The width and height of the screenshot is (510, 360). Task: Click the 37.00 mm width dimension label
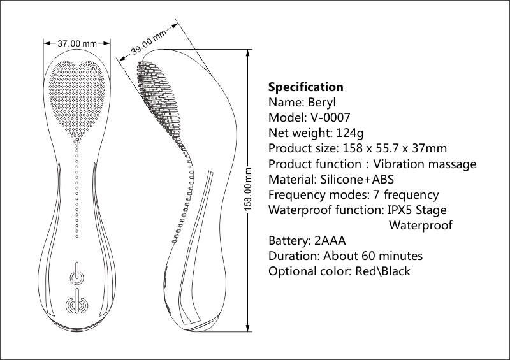tap(77, 43)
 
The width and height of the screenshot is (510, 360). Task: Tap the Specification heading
tap(305, 87)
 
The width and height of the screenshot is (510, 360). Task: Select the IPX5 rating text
tap(399, 210)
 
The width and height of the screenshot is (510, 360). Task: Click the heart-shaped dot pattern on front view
tap(77, 89)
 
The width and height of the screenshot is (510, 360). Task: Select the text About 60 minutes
tap(373, 256)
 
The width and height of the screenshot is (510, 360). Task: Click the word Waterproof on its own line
tap(421, 226)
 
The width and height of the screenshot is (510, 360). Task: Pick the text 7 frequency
tap(408, 195)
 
